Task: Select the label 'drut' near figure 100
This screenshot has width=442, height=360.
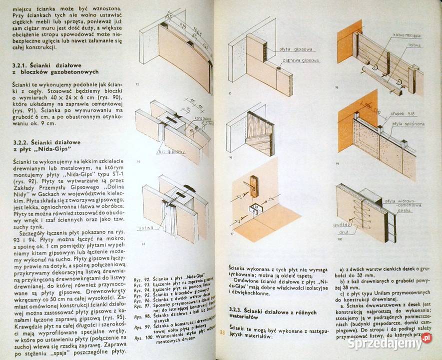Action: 344,233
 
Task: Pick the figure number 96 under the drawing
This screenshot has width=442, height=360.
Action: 231,157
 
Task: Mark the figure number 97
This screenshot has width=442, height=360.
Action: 231,234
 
